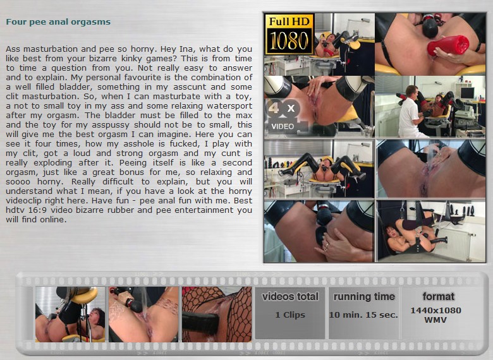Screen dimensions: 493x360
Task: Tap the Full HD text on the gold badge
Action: (x=289, y=21)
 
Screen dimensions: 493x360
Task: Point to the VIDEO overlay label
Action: (x=283, y=126)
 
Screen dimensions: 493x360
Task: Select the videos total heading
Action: (x=290, y=297)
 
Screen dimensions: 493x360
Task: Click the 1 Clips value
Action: (x=290, y=315)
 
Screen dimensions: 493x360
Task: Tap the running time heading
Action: (x=364, y=297)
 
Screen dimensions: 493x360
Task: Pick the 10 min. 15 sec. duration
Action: (x=363, y=315)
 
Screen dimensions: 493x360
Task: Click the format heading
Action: (x=438, y=296)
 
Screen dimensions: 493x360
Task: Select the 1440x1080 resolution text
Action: (x=435, y=310)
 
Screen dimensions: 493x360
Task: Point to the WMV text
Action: (x=435, y=320)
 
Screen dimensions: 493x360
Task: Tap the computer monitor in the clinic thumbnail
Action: (x=467, y=93)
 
